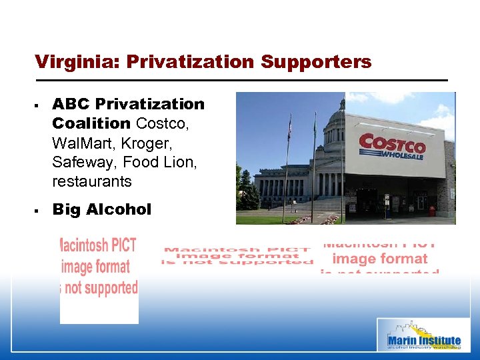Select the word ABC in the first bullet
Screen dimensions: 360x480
pos(71,104)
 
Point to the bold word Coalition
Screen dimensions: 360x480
pos(91,123)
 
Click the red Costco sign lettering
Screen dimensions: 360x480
pos(392,143)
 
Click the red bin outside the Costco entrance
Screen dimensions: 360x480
pos(431,211)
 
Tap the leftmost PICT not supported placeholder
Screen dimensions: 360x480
pos(99,267)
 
